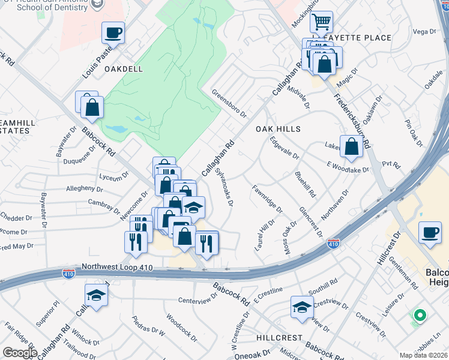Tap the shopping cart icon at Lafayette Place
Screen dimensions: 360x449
322,22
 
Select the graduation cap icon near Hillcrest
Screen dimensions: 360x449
302,307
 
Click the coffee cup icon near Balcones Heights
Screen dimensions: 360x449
430,232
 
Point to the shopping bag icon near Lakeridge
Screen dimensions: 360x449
351,146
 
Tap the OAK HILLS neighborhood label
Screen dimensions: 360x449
278,129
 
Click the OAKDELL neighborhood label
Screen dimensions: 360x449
124,69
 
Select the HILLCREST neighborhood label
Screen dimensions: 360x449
280,338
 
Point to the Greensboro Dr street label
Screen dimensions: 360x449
229,103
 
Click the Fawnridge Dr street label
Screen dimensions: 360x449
267,199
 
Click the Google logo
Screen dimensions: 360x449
20,352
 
